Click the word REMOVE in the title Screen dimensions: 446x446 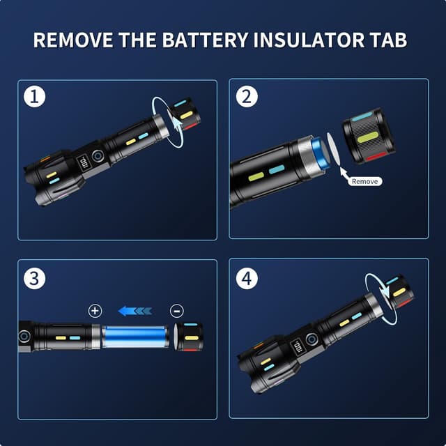(72, 40)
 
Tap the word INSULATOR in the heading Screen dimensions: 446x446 (309, 40)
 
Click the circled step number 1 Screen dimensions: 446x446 (34, 96)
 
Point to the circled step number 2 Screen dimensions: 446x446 (247, 96)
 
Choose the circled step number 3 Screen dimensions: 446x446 (34, 278)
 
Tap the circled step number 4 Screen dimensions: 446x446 (247, 278)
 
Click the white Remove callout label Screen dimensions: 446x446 (365, 181)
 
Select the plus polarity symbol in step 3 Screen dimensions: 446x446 (95, 311)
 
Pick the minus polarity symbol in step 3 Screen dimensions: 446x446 (176, 311)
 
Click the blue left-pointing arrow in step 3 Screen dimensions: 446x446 (135, 311)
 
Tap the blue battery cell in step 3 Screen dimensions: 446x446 (134, 337)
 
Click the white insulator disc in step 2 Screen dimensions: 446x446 (333, 149)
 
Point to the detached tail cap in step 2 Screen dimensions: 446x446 (369, 136)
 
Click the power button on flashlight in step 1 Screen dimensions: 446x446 (98, 155)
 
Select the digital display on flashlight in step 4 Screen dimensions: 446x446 (298, 347)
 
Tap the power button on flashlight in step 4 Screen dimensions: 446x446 (312, 339)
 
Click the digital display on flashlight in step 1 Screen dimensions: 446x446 (84, 162)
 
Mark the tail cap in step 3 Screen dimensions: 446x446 (190, 337)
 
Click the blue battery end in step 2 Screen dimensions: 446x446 (321, 153)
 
